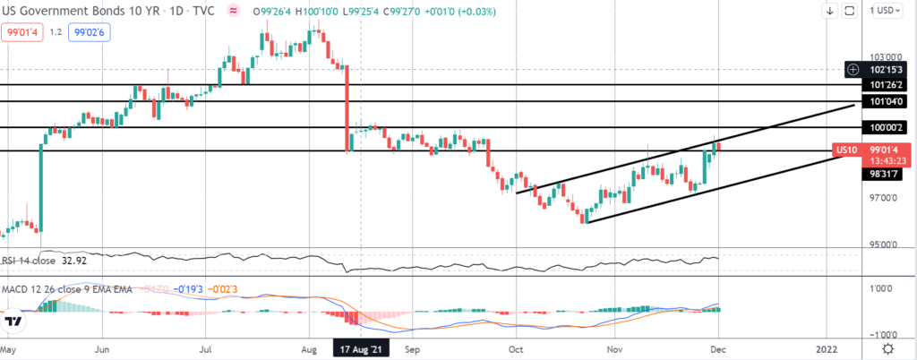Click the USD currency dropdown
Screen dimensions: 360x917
[887, 10]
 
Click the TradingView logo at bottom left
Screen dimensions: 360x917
[13, 321]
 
